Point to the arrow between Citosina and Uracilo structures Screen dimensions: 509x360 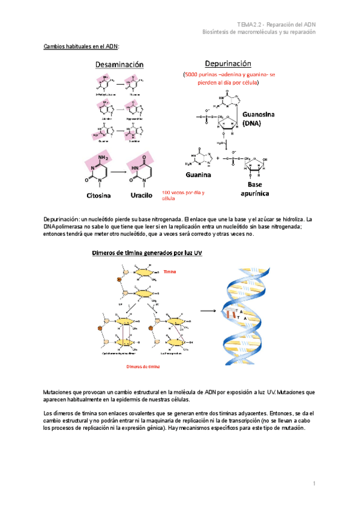coord(119,171)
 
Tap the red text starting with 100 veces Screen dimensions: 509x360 coord(183,195)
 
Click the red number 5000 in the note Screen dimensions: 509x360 coord(194,76)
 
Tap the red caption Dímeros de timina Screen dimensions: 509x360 coord(142,366)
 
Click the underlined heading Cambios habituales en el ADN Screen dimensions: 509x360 coord(82,46)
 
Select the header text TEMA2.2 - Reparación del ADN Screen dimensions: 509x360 coord(276,23)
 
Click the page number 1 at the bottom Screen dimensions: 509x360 coord(314,484)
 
